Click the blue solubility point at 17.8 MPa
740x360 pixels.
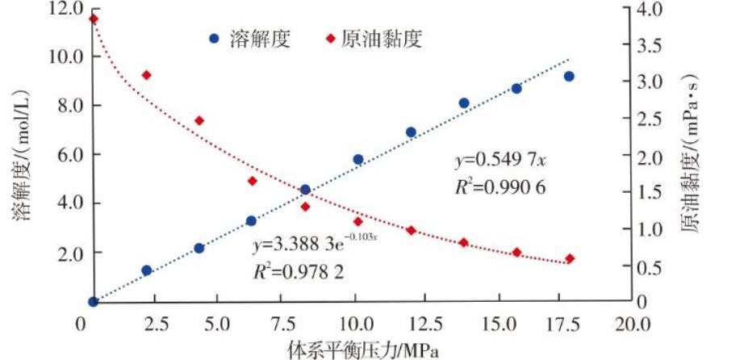tap(569, 76)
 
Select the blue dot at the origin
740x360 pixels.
tap(93, 301)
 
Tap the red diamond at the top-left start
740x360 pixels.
tap(93, 19)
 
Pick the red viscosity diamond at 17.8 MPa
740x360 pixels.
tap(570, 259)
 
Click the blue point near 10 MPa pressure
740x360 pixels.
tap(358, 160)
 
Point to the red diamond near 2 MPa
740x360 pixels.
tap(146, 75)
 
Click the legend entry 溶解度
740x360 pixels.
tap(249, 38)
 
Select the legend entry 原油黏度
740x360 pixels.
tap(374, 38)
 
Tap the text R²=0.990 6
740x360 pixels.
tap(500, 187)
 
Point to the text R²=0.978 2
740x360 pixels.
tap(298, 271)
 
